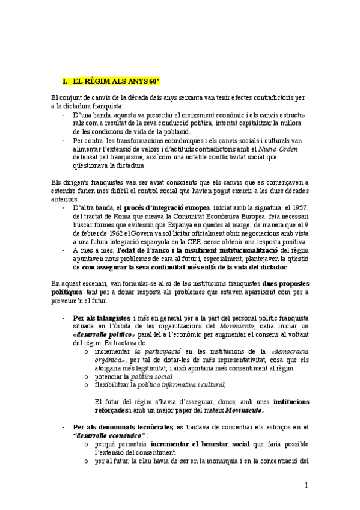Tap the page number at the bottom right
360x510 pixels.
(x=306, y=485)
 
